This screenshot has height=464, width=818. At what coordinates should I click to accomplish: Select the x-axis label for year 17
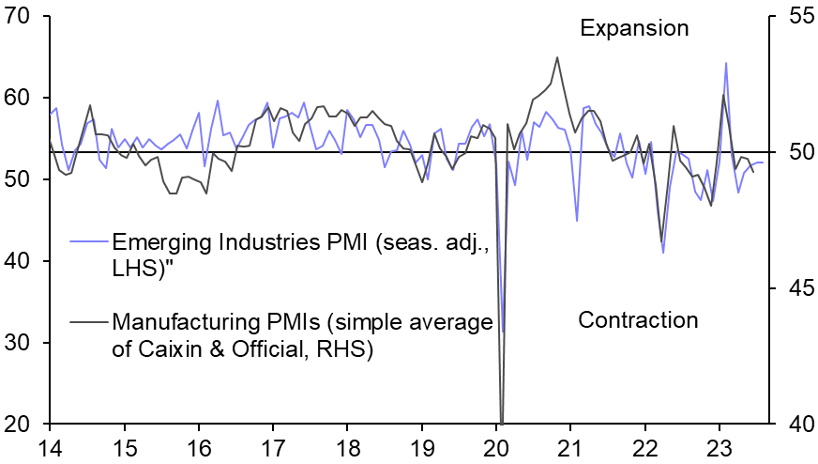pos(273,447)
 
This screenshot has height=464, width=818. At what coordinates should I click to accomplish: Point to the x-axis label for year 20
pos(497,447)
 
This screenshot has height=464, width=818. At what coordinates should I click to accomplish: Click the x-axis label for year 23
pos(720,447)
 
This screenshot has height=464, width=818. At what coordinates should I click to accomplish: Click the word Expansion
pos(634,28)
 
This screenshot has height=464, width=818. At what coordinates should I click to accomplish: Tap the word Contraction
pos(638,320)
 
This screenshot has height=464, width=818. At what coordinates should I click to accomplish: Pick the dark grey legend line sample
pos(88,322)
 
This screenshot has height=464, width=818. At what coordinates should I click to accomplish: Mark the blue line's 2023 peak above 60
pos(726,63)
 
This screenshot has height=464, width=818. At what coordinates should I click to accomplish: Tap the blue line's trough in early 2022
pos(663,253)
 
